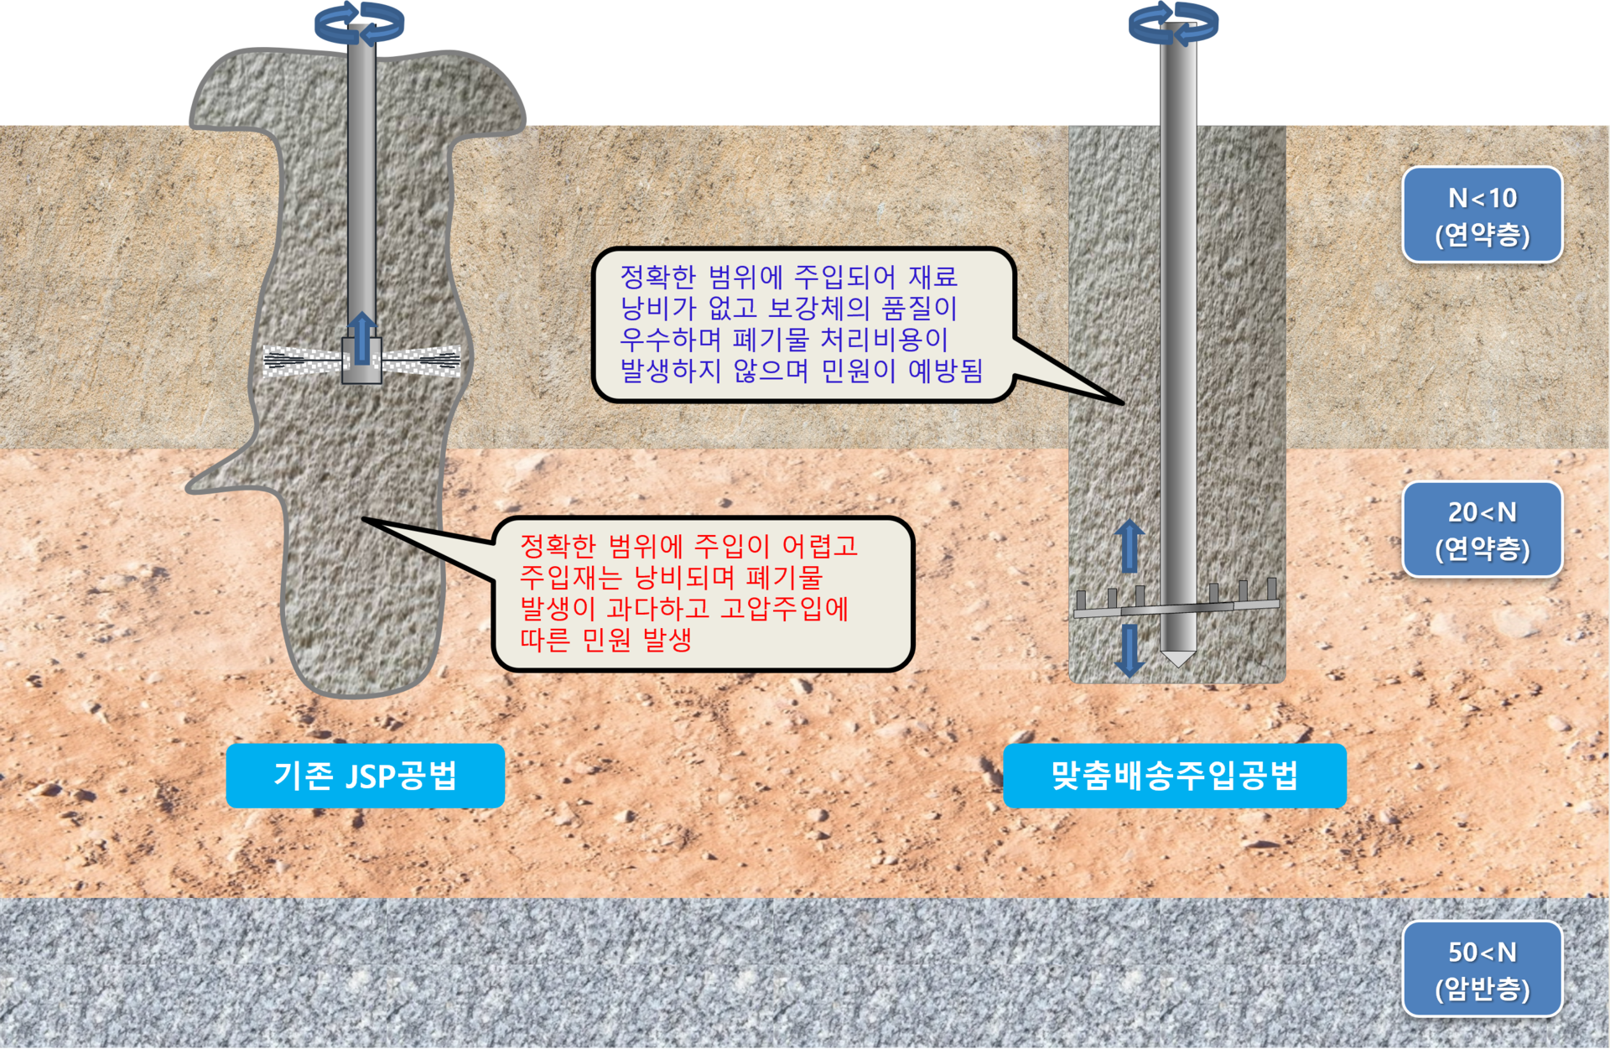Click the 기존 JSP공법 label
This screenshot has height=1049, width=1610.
[365, 776]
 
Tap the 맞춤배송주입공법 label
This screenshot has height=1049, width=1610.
[1174, 776]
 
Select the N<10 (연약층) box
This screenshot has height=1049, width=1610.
[1482, 215]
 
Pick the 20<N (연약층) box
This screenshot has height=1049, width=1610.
[1482, 529]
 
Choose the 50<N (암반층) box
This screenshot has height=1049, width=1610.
[1482, 969]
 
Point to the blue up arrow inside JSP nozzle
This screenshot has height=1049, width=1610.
[361, 338]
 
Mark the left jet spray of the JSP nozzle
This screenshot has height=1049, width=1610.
[302, 361]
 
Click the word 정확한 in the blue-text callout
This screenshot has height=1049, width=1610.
[657, 277]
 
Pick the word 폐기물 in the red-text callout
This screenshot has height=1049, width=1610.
[784, 577]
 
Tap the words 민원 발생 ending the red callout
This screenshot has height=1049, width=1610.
[636, 640]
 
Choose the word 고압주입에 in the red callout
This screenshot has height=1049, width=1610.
[784, 608]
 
